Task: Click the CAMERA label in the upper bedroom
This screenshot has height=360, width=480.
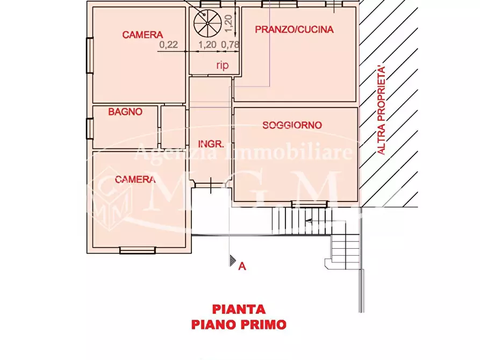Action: pyautogui.click(x=142, y=35)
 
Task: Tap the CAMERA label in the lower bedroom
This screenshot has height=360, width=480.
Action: pyautogui.click(x=135, y=179)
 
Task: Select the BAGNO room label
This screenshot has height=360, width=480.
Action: pyautogui.click(x=125, y=112)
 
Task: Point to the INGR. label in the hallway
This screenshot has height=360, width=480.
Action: pyautogui.click(x=211, y=144)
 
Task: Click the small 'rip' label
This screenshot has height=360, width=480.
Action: pyautogui.click(x=222, y=66)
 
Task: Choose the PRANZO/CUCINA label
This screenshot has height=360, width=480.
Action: pyautogui.click(x=294, y=30)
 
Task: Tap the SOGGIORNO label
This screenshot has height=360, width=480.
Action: pyautogui.click(x=292, y=125)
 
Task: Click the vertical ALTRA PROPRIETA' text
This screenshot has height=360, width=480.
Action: pyautogui.click(x=382, y=110)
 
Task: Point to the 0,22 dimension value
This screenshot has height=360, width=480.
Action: pyautogui.click(x=169, y=45)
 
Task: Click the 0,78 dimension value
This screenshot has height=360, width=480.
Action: pyautogui.click(x=230, y=45)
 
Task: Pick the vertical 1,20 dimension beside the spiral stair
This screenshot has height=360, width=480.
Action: pyautogui.click(x=227, y=21)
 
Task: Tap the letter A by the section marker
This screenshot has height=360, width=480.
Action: pyautogui.click(x=242, y=265)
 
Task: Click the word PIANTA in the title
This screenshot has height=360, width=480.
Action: pyautogui.click(x=239, y=309)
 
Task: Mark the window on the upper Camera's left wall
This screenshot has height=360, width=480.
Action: pyautogui.click(x=90, y=54)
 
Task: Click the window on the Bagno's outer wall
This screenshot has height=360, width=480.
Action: pyautogui.click(x=89, y=128)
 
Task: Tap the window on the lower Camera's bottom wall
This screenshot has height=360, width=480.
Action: pyautogui.click(x=138, y=250)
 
